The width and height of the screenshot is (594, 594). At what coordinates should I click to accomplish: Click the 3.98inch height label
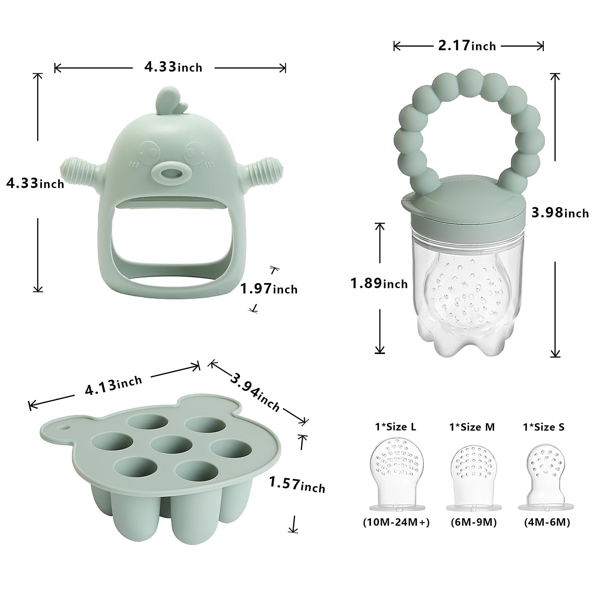click(x=560, y=213)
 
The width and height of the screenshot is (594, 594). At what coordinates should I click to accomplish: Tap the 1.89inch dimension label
click(x=379, y=284)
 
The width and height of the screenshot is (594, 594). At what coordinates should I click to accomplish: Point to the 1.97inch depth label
click(x=269, y=289)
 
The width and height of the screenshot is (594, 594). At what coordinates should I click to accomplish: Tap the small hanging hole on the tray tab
click(x=63, y=428)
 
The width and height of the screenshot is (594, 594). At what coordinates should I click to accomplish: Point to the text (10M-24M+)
click(x=396, y=523)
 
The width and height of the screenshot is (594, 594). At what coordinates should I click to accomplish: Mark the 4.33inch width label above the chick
click(x=173, y=67)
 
